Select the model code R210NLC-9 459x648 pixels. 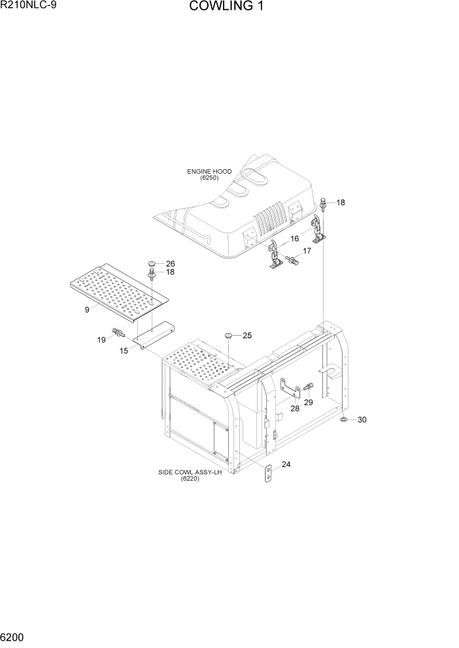(29, 6)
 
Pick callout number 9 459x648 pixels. (86, 310)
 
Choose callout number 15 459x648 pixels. (124, 351)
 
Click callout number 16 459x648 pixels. (295, 238)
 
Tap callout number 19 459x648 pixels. (101, 340)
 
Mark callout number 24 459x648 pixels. (286, 465)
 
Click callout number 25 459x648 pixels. (247, 336)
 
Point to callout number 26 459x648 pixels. (170, 264)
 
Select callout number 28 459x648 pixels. (294, 408)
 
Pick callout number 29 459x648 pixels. (308, 402)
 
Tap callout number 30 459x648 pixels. (362, 420)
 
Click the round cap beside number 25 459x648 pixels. (229, 335)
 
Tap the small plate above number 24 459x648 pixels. (267, 475)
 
